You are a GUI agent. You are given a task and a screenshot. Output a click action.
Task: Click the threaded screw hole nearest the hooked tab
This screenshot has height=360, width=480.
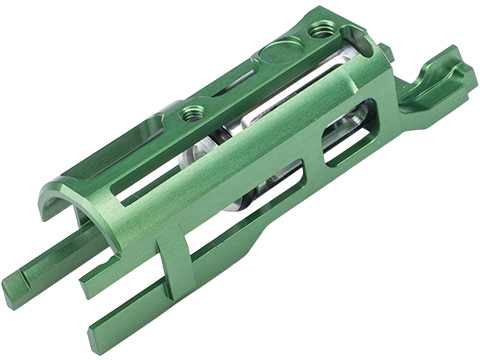[x=322, y=31]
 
